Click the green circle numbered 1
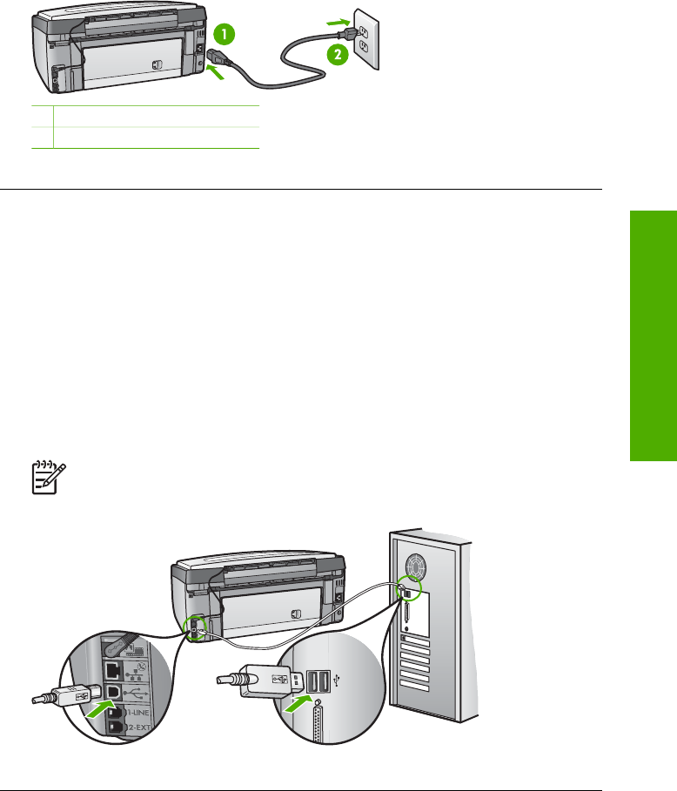[225, 36]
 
